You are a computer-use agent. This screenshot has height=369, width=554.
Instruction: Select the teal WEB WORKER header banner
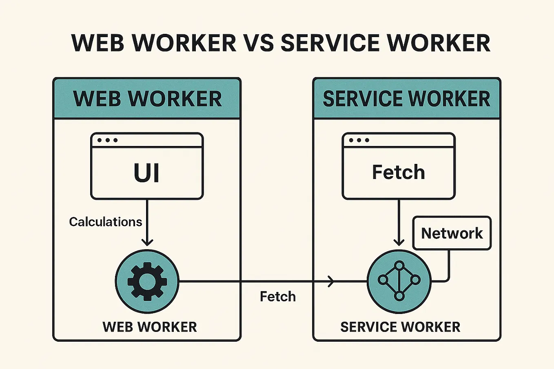(x=147, y=99)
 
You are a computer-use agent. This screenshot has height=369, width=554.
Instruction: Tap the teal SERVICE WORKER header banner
(x=406, y=99)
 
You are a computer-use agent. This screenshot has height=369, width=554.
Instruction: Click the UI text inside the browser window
(x=146, y=173)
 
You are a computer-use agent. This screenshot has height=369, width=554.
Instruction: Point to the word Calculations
(x=105, y=222)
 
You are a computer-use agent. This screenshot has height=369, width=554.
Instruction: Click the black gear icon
(x=147, y=281)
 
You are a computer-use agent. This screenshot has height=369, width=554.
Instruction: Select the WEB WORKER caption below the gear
(x=150, y=327)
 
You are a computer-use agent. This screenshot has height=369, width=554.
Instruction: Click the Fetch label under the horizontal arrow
(x=278, y=296)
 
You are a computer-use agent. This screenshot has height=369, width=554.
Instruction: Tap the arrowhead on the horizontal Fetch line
(x=331, y=281)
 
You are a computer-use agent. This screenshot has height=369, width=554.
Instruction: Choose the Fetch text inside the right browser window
(x=399, y=172)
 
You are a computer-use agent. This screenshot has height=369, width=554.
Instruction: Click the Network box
(x=452, y=233)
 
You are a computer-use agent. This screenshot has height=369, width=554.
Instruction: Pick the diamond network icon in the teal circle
(x=399, y=281)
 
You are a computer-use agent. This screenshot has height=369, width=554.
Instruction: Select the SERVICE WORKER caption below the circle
(x=400, y=327)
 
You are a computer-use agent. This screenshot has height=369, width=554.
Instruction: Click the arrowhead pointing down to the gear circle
(x=147, y=241)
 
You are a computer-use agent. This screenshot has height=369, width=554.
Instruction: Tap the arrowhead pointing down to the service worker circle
(x=399, y=241)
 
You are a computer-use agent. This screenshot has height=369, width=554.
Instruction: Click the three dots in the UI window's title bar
(x=107, y=140)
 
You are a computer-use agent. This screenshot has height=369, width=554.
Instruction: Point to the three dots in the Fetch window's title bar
(x=359, y=140)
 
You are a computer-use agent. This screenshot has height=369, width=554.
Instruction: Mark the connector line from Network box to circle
(x=449, y=267)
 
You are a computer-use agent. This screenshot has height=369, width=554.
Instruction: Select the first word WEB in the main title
(x=98, y=43)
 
